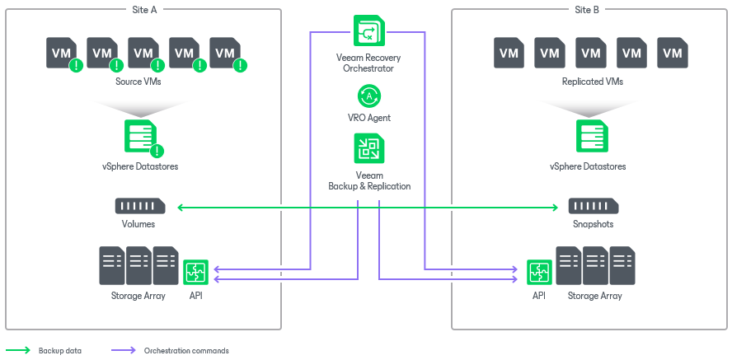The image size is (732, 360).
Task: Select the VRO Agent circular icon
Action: coord(368,96)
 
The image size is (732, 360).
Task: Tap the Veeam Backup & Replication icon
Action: coord(368,149)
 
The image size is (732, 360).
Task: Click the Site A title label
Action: coord(144,9)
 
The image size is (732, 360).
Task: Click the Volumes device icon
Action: coord(140,206)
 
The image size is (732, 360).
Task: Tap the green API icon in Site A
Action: coord(196,273)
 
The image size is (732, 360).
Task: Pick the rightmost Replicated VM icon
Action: coord(673,53)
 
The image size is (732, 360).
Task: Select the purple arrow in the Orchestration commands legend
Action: coord(124,350)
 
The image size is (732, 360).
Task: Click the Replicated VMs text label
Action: coord(592,82)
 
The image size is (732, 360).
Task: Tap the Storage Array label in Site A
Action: coord(138,296)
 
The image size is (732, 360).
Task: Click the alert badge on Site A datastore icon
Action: coord(157,151)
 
